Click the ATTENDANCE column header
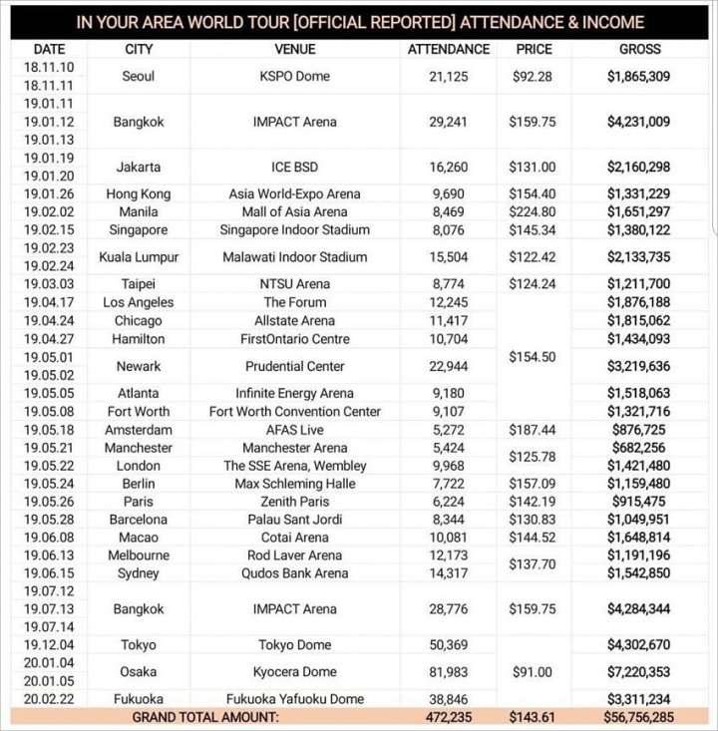click(449, 49)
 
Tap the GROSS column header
click(639, 49)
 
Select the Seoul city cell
click(139, 76)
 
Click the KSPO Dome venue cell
click(294, 76)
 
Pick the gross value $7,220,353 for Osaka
click(639, 672)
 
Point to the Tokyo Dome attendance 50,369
click(449, 645)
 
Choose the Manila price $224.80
click(535, 212)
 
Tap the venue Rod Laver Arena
click(294, 555)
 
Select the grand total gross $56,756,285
click(639, 717)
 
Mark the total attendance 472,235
click(449, 717)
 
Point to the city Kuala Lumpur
click(139, 257)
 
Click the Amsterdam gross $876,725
click(639, 430)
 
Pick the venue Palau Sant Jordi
click(294, 520)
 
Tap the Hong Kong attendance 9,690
click(449, 194)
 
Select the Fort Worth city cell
click(139, 411)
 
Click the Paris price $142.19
click(535, 502)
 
